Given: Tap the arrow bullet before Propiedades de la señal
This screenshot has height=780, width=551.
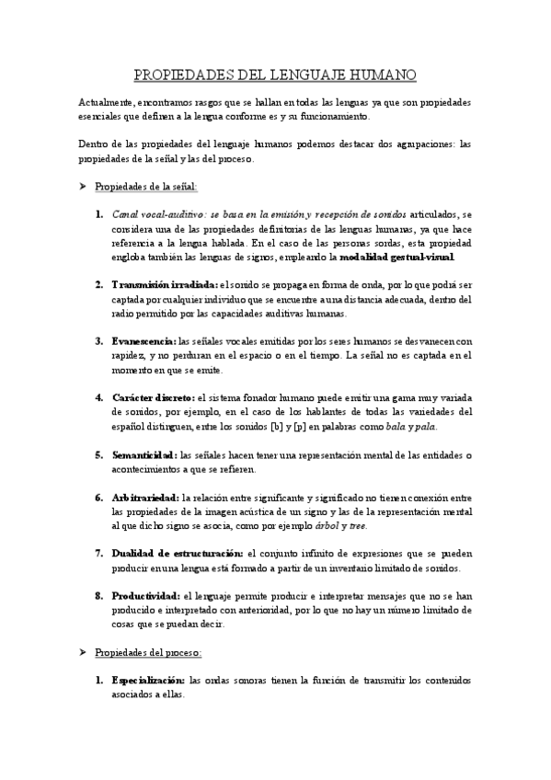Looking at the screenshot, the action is pos(83,186).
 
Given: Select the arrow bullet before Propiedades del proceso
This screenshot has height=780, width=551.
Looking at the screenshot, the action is pos(83,652).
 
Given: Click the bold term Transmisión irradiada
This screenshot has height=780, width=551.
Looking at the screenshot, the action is pos(164,285).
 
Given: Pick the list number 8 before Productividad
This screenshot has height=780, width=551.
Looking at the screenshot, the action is pos(99,596).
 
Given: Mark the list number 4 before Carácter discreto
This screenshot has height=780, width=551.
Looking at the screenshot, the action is pos(99,397).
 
